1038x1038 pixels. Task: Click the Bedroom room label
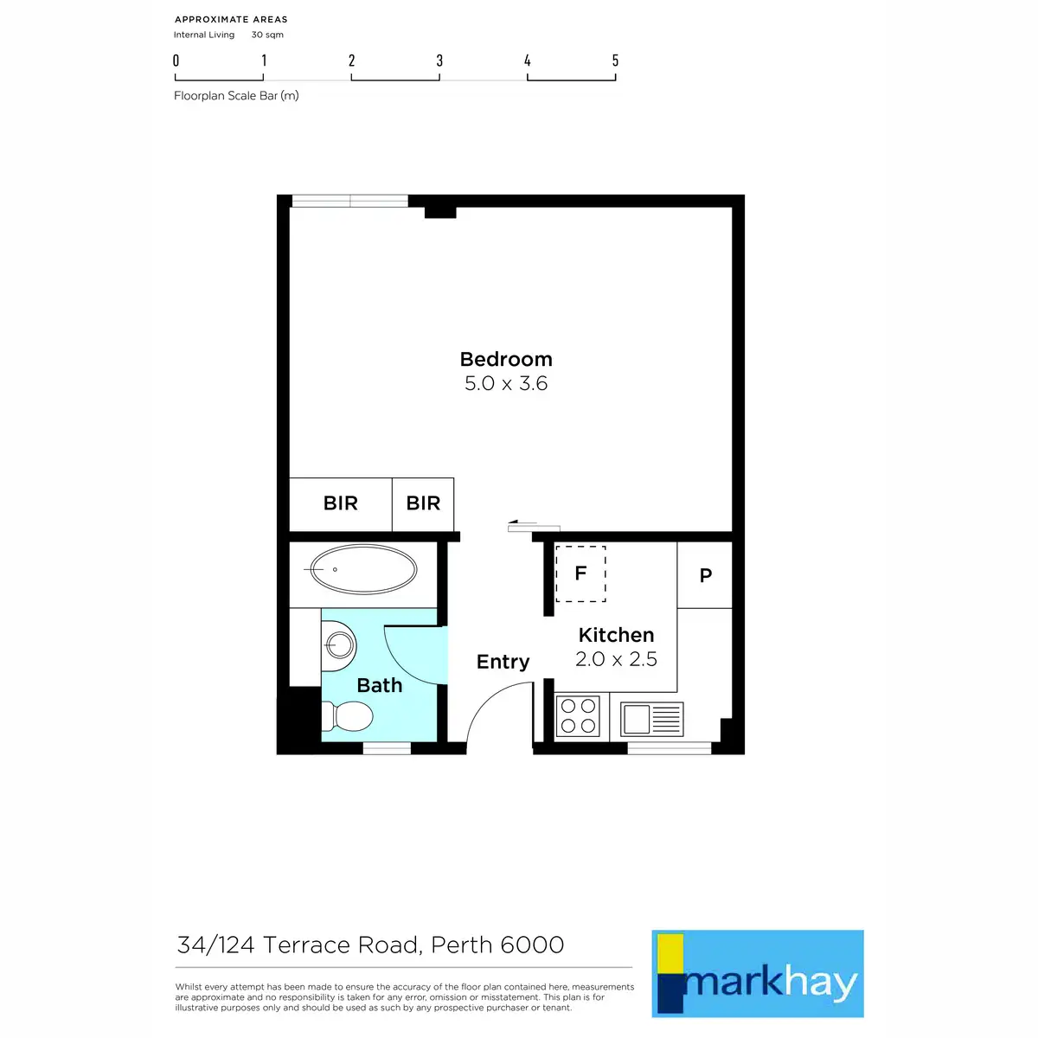click(506, 359)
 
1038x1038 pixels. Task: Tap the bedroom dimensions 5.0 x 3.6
click(506, 383)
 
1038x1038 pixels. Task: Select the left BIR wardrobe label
click(340, 503)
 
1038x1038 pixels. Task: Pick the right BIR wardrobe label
click(423, 503)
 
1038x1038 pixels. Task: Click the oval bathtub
click(363, 569)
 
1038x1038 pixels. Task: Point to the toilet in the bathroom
click(348, 716)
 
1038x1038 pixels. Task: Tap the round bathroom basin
click(339, 644)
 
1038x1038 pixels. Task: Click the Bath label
click(380, 685)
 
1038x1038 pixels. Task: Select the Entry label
click(503, 662)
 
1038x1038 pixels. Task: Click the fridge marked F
click(580, 573)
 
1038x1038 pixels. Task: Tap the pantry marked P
click(705, 575)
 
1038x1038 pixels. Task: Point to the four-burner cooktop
click(578, 716)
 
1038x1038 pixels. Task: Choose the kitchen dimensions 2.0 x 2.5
click(616, 659)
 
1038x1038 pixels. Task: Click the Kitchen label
click(616, 635)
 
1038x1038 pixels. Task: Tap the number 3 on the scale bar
click(439, 61)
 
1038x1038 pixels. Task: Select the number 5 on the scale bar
click(615, 61)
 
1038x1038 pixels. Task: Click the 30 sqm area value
click(267, 35)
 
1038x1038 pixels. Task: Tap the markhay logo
click(758, 973)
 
